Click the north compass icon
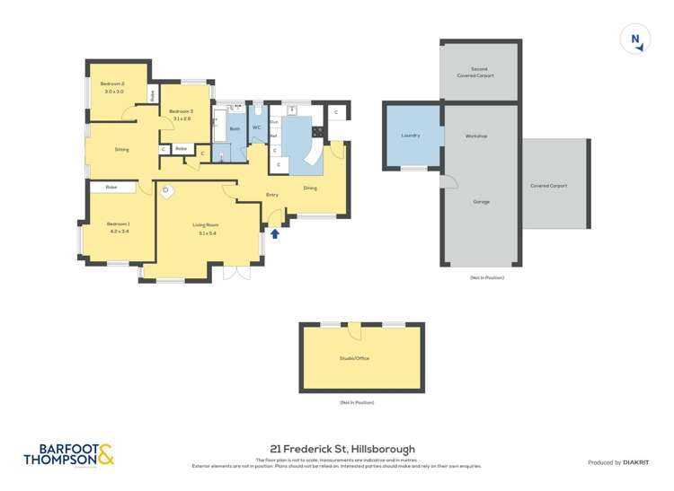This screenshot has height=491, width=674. (635, 39)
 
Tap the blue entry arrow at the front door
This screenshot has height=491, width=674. (275, 233)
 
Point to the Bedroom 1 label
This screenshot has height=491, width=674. (119, 224)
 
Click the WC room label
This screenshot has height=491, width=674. (256, 127)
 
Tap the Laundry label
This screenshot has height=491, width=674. (411, 136)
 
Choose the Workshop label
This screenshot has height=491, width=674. (476, 136)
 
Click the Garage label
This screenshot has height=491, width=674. (482, 202)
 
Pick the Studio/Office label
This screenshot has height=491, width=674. (354, 358)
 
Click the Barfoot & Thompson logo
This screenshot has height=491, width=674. (68, 455)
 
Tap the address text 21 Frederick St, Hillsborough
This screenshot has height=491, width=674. (341, 449)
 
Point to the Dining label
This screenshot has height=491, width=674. (310, 188)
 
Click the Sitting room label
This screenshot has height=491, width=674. (121, 149)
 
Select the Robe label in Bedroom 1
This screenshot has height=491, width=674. (111, 187)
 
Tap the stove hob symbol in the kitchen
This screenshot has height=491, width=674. (317, 132)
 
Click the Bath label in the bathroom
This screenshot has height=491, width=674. (235, 129)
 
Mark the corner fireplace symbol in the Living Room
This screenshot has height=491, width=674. (166, 190)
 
